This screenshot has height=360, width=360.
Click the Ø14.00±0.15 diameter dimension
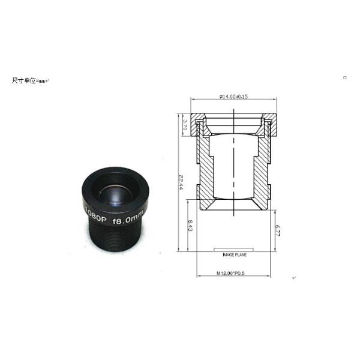coord(234,97)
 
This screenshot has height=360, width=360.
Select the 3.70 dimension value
coord(185,124)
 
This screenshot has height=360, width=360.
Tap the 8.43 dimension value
coord(190,226)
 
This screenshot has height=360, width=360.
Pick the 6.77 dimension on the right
coord(278,229)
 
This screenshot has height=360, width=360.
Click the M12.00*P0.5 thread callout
coord(233,274)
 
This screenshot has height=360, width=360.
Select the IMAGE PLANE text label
coord(234,254)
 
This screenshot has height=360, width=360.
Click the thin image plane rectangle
coord(234,247)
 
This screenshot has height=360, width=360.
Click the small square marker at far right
coord(344,77)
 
